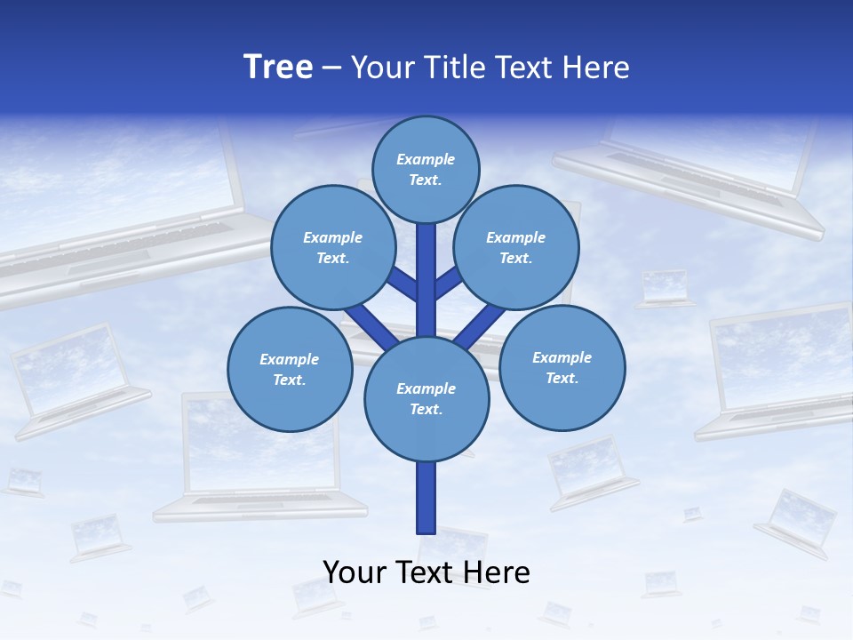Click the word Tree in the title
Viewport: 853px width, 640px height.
[x=278, y=67]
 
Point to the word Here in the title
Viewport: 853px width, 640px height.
[x=598, y=68]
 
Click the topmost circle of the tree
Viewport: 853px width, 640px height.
[x=426, y=169]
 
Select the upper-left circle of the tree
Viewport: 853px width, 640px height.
[x=332, y=247]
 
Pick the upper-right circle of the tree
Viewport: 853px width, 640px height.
[x=516, y=247]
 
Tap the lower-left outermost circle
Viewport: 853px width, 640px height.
[x=290, y=369]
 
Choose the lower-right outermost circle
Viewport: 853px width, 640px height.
[x=562, y=367]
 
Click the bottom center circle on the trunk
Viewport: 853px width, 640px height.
[x=426, y=399]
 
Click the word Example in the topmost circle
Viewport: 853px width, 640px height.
[x=426, y=159]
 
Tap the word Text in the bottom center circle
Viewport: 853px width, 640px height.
[x=426, y=410]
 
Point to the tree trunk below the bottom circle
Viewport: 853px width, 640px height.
[x=426, y=498]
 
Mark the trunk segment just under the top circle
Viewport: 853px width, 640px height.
[x=426, y=244]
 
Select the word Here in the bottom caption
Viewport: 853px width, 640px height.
[x=498, y=572]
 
